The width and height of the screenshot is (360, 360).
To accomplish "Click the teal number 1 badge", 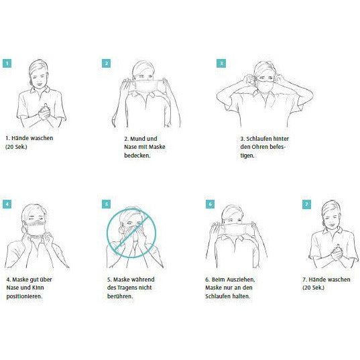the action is pyautogui.click(x=7, y=64).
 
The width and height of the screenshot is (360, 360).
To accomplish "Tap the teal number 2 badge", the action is pyautogui.click(x=107, y=64).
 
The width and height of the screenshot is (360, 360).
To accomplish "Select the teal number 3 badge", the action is pyautogui.click(x=221, y=64).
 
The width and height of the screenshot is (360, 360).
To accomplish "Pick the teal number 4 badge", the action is pyautogui.click(x=7, y=204).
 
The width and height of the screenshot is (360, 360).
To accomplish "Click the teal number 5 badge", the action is pyautogui.click(x=107, y=204).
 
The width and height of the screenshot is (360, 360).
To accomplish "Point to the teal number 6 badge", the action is pyautogui.click(x=211, y=204).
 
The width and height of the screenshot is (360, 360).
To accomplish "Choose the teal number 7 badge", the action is pyautogui.click(x=307, y=204).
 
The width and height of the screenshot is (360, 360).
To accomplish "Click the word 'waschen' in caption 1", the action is pyautogui.click(x=42, y=138).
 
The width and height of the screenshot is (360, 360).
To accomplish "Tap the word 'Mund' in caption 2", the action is pyautogui.click(x=137, y=139).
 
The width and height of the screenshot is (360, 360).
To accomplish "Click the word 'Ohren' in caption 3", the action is pyautogui.click(x=259, y=147).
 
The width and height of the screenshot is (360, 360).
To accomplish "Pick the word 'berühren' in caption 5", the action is pyautogui.click(x=120, y=296).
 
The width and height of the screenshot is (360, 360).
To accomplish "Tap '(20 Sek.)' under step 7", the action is pyautogui.click(x=313, y=288).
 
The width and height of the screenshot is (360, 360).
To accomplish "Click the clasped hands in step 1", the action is pyautogui.click(x=44, y=113).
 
